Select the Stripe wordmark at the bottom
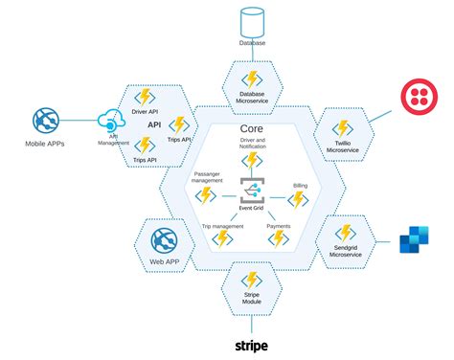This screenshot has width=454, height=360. (251, 345)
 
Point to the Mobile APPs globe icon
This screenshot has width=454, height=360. (47, 122)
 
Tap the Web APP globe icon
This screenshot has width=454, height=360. (164, 238)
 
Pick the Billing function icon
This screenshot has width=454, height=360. (299, 198)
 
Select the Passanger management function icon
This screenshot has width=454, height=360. (204, 196)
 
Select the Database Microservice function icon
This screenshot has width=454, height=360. (251, 78)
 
